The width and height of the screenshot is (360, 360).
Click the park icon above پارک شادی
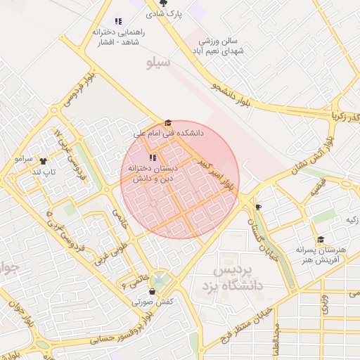164,4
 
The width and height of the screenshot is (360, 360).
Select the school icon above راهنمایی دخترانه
118,21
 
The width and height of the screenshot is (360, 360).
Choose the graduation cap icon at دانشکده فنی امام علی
167,122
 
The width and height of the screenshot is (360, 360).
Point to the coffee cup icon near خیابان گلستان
258,207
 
